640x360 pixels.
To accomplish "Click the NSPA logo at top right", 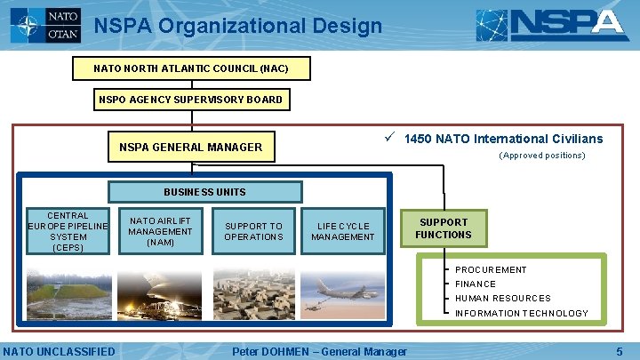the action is [552, 26].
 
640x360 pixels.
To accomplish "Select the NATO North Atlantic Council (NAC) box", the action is [191, 68].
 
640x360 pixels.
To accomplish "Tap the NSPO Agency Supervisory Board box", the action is [191, 100].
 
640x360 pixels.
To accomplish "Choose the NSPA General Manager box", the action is [191, 148].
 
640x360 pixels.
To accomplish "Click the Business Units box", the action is [204, 192].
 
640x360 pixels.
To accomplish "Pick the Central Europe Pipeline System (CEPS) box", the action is [68, 231].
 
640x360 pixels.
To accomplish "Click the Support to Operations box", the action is [253, 231].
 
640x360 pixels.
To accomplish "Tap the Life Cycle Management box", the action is [343, 231].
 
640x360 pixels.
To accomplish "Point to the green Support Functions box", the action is [444, 228].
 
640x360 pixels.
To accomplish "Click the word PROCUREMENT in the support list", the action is [491, 270].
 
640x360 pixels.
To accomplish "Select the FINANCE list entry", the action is [476, 284].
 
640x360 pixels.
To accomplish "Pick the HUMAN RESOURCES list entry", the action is [503, 299].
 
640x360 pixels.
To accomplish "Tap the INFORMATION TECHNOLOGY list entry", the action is [522, 313].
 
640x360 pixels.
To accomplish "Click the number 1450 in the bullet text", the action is [419, 139].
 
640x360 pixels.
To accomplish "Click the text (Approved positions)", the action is [542, 156].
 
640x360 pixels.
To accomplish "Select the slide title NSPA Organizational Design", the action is [238, 26].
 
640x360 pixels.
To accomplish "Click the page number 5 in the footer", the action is [620, 352].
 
